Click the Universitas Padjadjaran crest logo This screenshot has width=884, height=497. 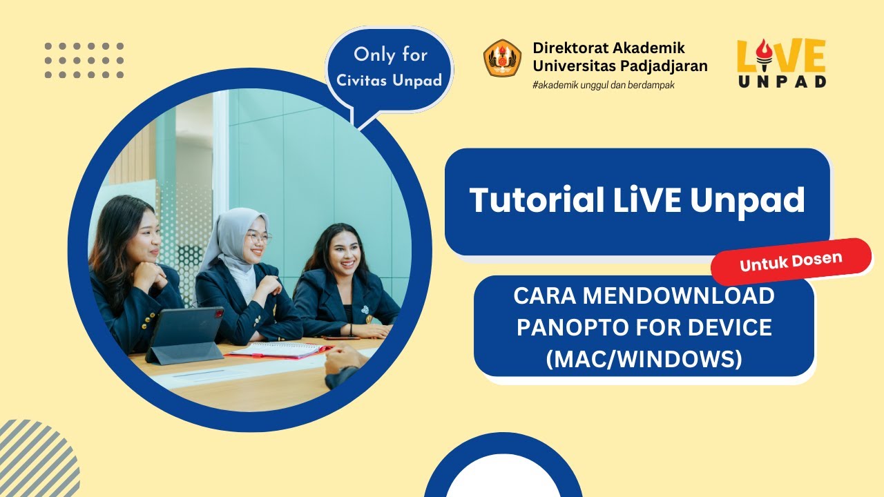(502, 58)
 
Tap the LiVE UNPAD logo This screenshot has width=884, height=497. (781, 63)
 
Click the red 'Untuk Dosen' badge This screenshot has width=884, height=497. (791, 261)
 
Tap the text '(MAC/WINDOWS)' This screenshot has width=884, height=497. (644, 359)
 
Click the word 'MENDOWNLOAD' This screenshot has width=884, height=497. (678, 296)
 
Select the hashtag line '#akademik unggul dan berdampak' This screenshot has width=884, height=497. (604, 85)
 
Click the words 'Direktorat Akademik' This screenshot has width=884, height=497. (608, 48)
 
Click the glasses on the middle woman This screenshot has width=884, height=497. (258, 238)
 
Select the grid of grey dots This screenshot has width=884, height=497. (84, 60)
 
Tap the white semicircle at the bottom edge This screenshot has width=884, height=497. (503, 480)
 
